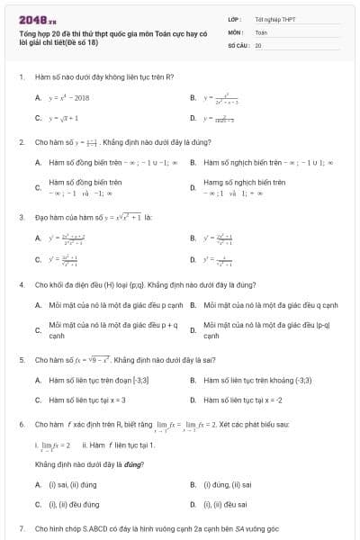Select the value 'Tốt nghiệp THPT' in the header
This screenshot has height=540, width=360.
point(274,19)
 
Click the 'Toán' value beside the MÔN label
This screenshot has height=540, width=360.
point(261,31)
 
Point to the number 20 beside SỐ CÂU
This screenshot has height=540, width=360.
point(258,43)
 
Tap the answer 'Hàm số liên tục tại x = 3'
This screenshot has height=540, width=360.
point(87,400)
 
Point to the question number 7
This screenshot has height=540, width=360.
point(21,527)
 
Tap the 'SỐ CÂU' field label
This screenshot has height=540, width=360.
point(238,43)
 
